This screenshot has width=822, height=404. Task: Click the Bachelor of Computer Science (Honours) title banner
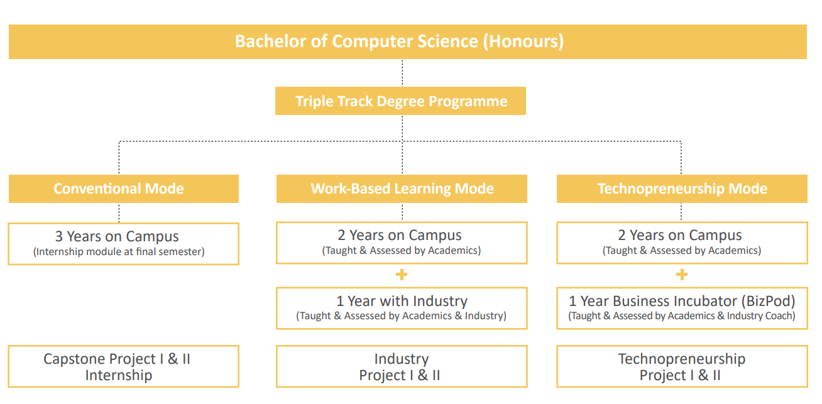point(408,42)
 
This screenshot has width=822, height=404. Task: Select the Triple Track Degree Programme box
point(400,101)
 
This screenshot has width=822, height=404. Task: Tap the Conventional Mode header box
point(124,188)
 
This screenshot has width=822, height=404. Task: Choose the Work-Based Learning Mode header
point(402,188)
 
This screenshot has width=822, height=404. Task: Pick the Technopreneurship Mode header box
point(682,188)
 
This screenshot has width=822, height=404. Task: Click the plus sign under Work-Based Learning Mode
point(402,275)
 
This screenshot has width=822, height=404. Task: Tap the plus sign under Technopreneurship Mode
point(682,275)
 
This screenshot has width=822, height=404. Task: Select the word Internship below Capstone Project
point(119,375)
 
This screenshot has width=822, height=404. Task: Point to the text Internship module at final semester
point(119,252)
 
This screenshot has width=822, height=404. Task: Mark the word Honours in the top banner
point(523,41)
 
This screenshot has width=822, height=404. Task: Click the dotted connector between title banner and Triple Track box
point(402,73)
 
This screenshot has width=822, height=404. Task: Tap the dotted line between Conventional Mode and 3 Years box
point(119,213)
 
